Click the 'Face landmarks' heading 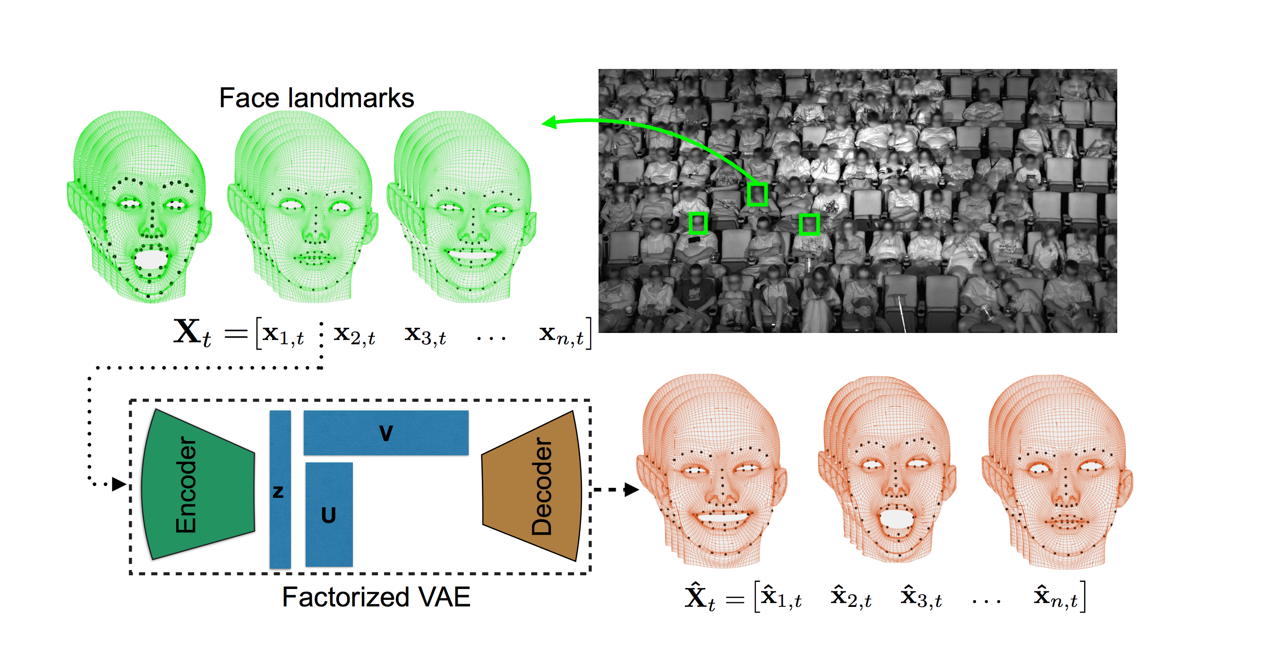point(316,98)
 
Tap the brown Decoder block point(531,486)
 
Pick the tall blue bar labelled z point(280,490)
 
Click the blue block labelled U point(328,515)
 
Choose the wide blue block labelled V point(385,433)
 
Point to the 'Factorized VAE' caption point(376,597)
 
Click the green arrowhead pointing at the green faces point(549,122)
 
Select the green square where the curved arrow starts point(757,194)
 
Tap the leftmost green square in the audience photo point(697,223)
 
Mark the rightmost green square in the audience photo point(809,224)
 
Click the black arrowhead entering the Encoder point(119,484)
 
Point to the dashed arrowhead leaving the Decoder point(632,490)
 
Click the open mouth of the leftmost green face point(151,259)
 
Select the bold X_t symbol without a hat point(192,333)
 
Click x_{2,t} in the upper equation point(354,335)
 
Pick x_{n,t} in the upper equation point(561,335)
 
